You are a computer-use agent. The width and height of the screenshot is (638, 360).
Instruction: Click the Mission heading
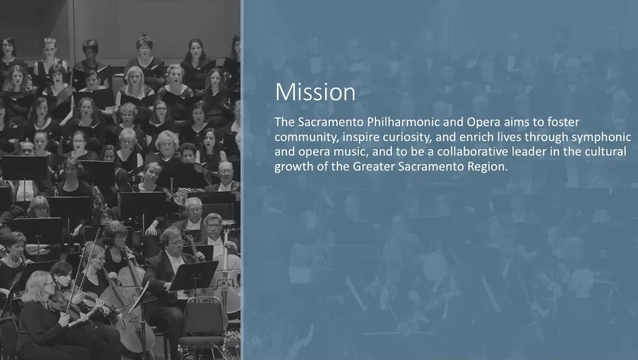[315, 92]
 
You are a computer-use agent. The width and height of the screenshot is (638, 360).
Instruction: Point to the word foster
[563, 122]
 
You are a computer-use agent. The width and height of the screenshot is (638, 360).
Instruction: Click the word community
[307, 137]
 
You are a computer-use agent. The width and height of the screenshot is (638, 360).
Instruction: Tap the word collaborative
[472, 151]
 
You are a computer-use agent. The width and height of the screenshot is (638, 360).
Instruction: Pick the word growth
[294, 167]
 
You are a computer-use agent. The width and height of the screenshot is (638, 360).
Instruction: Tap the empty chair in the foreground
[203, 328]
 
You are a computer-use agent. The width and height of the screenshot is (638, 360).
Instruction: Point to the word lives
[509, 137]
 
